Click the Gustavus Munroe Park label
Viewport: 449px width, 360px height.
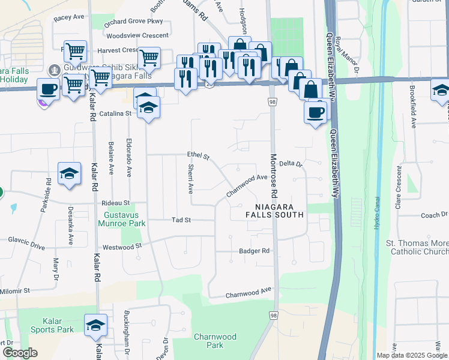tap(124, 219)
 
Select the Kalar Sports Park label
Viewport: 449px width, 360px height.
tap(50, 325)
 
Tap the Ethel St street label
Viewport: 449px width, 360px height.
tap(197, 156)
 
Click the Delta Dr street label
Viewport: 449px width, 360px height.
tap(291, 163)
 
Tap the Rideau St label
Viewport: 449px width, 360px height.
tap(115, 203)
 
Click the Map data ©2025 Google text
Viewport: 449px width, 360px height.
tap(412, 355)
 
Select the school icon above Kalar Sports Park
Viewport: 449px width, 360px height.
tap(95, 325)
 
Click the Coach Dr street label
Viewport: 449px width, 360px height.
tap(435, 215)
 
